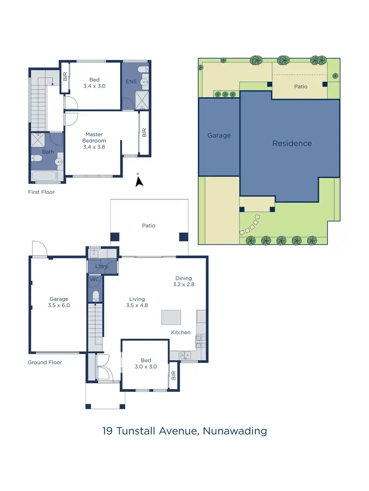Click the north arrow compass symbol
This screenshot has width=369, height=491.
pos(139,182)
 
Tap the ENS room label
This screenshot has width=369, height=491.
pos(130,82)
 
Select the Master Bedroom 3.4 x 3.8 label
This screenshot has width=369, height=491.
pos(93,140)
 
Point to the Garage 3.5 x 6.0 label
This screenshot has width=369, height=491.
pos(59,302)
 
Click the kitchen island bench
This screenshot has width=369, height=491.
pos(171,317)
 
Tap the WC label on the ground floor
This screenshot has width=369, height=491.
pos(94,279)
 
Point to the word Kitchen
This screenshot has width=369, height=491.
pos(181,332)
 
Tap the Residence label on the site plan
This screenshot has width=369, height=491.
pos(292,143)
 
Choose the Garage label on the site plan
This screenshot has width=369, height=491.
pos(219,136)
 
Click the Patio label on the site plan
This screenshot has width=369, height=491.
pos(301,86)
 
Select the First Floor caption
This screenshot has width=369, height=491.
pos(41,192)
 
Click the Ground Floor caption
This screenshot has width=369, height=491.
pos(45,362)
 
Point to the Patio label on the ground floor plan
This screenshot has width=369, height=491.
pos(149,226)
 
